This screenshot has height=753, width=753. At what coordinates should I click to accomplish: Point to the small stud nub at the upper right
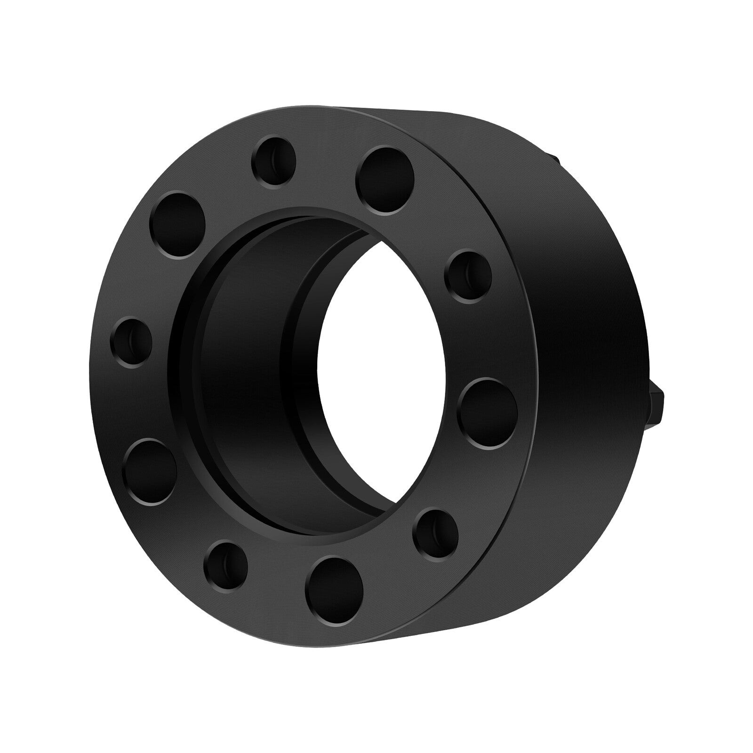pyautogui.click(x=553, y=160)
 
